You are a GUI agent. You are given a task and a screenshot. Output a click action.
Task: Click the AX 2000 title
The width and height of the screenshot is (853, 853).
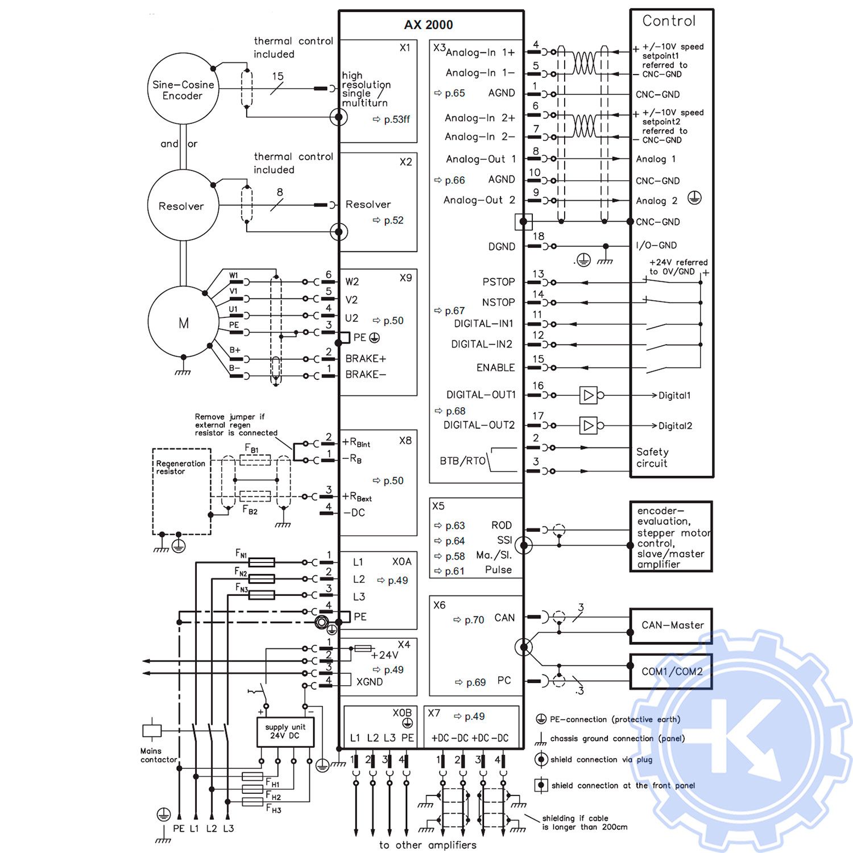coord(428,25)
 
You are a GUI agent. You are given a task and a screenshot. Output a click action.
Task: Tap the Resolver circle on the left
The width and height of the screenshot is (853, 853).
coord(183,206)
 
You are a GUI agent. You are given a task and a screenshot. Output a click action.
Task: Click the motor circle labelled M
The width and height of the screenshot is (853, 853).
coord(183,322)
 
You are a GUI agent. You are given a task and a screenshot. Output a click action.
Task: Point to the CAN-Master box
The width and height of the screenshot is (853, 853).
coord(672,625)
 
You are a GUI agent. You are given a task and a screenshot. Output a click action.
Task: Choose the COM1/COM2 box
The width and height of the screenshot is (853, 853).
coord(672,672)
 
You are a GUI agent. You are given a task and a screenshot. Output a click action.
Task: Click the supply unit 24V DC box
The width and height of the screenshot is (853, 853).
coord(285,731)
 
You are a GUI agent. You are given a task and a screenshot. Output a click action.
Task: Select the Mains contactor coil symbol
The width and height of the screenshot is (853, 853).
coord(152,730)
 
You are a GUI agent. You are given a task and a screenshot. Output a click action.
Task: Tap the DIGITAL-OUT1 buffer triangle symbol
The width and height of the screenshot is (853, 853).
coord(589,395)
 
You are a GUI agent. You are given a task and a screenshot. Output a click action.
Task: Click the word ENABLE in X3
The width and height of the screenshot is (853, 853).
coord(495,368)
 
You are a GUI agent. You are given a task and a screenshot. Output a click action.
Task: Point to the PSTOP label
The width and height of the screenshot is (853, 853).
coord(498,282)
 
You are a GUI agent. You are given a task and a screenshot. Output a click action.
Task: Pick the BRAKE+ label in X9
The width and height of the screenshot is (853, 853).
coord(366,359)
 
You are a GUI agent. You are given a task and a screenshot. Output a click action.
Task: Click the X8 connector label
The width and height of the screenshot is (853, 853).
coord(405,441)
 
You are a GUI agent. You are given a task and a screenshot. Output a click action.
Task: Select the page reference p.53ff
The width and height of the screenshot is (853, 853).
coord(396,119)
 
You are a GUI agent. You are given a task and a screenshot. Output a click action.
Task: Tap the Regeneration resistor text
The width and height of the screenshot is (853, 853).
coord(180,467)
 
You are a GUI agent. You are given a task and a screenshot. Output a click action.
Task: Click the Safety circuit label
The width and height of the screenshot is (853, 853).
coord(652,458)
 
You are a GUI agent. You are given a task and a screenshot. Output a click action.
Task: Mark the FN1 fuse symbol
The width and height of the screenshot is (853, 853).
coord(262,562)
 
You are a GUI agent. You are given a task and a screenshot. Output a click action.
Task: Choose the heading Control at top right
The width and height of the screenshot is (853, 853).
coord(669,21)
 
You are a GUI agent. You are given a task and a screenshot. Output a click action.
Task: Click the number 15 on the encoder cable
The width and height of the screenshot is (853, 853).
coord(278,76)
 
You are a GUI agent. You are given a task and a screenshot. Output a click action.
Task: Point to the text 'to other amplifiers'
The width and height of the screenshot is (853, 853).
coord(428,845)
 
